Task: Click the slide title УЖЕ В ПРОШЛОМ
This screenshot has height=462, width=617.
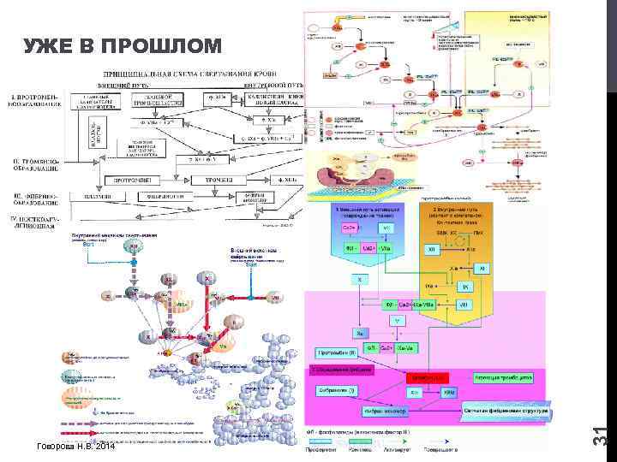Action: (121, 45)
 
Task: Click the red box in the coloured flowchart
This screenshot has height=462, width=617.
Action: (428, 376)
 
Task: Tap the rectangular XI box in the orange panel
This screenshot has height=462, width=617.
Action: (481, 268)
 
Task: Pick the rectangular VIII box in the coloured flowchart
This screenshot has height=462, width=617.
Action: (463, 304)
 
